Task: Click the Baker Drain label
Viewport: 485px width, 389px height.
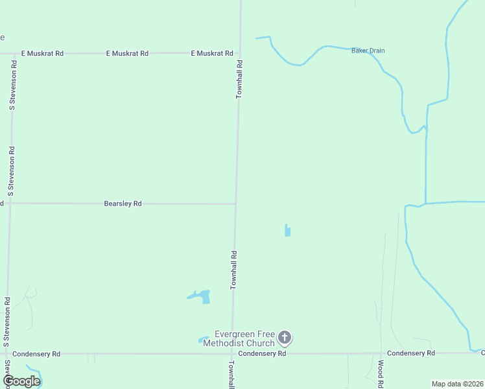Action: click(x=368, y=50)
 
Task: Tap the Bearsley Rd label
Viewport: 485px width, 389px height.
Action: click(x=123, y=204)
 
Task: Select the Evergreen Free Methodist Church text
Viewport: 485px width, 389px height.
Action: click(x=239, y=338)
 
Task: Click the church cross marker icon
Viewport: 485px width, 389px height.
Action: click(x=285, y=337)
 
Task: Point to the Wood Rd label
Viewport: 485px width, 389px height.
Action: click(x=380, y=375)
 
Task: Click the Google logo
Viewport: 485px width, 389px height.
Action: click(x=21, y=381)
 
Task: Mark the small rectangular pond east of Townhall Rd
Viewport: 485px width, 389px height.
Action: click(x=287, y=230)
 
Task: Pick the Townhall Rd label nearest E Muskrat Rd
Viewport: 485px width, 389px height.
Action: click(x=239, y=79)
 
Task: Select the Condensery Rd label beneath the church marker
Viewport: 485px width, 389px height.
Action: click(x=262, y=354)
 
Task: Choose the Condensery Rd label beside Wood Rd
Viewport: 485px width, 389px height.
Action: click(x=410, y=353)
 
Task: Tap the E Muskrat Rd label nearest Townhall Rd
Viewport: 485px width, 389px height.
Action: click(x=211, y=53)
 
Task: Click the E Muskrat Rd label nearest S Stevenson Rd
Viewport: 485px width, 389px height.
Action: click(x=42, y=53)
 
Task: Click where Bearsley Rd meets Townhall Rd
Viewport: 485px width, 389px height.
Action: click(x=235, y=204)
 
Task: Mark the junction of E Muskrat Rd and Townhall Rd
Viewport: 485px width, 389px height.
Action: click(x=239, y=53)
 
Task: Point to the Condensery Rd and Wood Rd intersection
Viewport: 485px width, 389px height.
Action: click(x=380, y=353)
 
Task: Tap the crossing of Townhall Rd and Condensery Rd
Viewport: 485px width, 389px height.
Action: click(x=232, y=354)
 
